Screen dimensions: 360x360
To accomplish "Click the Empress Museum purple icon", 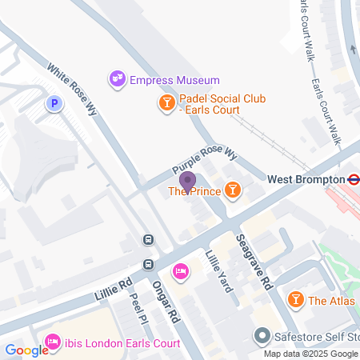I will (x=117, y=79).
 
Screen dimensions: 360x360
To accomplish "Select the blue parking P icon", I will (x=54, y=103).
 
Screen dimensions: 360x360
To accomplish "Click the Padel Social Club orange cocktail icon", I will (x=166, y=102).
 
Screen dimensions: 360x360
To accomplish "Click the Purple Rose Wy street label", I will (x=206, y=161).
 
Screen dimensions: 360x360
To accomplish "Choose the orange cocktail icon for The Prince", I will (x=232, y=190).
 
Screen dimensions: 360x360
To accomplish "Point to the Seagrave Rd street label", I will (x=255, y=262).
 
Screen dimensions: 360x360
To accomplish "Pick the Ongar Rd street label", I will (x=166, y=300).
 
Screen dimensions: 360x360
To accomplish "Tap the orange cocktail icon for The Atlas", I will (x=295, y=300).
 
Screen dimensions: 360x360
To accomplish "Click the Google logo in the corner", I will (x=26, y=350).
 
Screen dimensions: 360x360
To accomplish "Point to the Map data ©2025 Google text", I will (x=311, y=354).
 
